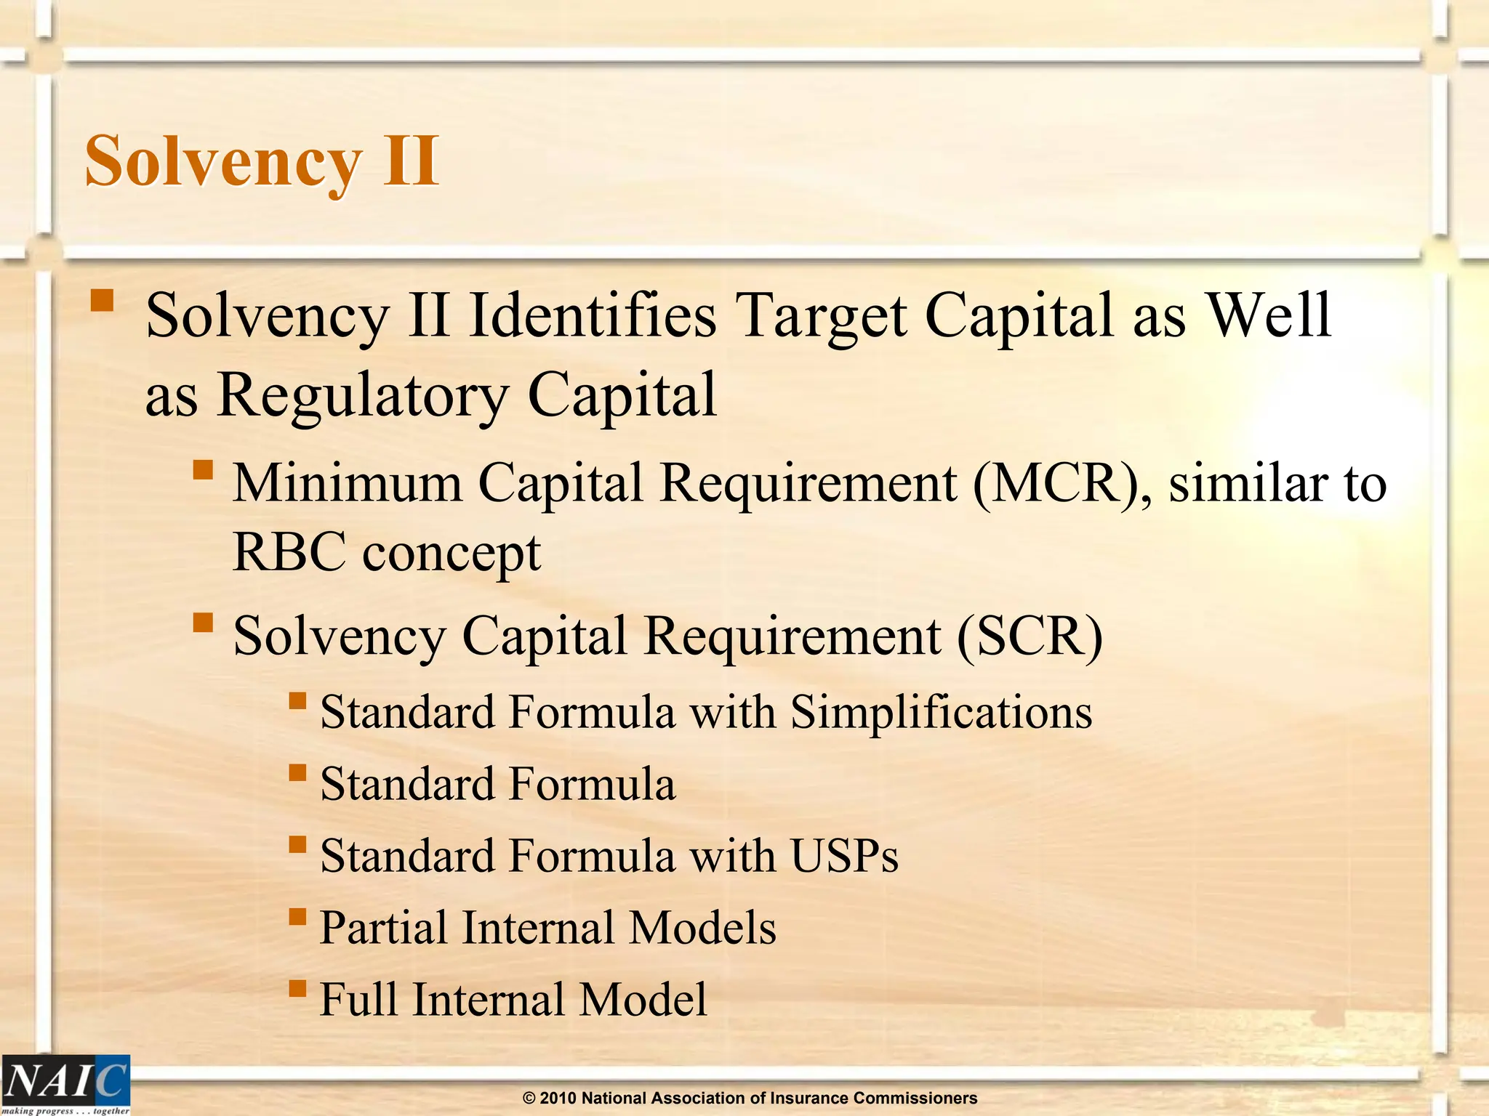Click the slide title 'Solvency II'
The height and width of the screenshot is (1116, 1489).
[262, 161]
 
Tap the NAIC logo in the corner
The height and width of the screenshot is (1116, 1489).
[65, 1083]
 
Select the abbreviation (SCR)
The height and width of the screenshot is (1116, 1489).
[1030, 636]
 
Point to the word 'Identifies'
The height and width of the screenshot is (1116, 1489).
[593, 315]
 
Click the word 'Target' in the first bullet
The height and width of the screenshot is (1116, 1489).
[821, 317]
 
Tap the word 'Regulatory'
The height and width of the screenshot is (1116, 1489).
[363, 395]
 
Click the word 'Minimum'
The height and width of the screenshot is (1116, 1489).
[348, 482]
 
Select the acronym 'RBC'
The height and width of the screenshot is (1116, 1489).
[289, 552]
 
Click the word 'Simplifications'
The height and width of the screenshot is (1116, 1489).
[942, 712]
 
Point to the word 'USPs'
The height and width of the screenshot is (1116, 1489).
[845, 856]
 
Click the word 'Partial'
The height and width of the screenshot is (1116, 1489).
[383, 928]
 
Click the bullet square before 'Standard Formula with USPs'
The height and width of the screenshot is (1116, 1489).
[297, 844]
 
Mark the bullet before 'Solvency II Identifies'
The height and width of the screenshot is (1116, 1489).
[103, 300]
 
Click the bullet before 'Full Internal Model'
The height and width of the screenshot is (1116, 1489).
[297, 987]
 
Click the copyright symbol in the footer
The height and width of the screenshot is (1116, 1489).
[529, 1098]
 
